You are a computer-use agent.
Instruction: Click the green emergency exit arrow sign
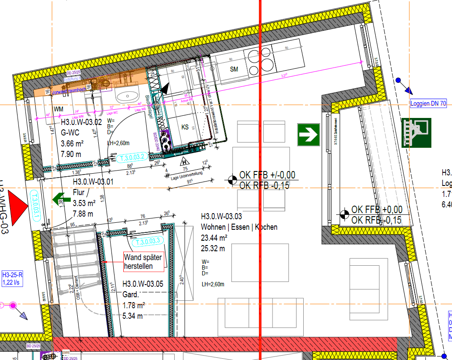(309, 135)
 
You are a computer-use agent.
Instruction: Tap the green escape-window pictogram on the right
(416, 132)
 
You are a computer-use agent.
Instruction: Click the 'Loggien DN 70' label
(428, 104)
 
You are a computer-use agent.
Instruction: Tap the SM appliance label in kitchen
(234, 69)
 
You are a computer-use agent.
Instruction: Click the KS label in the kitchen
(185, 127)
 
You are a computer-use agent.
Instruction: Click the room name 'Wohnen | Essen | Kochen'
(239, 227)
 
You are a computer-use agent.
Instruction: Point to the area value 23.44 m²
(214, 238)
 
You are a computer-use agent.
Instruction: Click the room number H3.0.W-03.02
(81, 123)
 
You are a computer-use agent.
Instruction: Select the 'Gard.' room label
(131, 295)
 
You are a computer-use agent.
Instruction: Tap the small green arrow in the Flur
(58, 199)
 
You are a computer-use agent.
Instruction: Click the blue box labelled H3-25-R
(12, 278)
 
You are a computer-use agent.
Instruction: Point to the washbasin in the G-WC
(126, 96)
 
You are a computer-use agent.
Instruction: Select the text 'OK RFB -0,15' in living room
(264, 185)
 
